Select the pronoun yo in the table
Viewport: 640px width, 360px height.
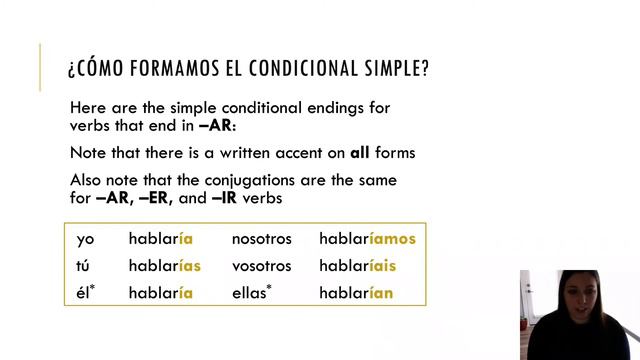click(85, 239)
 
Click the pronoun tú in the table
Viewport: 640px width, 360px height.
click(84, 267)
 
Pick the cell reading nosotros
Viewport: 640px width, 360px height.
click(261, 239)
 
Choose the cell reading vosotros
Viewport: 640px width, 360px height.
click(261, 267)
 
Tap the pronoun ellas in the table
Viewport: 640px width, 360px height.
click(252, 294)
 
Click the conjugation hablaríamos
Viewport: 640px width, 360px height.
click(367, 239)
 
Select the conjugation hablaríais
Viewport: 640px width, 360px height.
click(357, 267)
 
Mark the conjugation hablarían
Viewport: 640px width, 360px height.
click(356, 294)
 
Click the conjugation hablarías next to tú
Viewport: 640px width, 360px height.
click(165, 267)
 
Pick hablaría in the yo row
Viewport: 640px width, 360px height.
click(160, 239)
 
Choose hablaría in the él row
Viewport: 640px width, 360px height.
click(160, 294)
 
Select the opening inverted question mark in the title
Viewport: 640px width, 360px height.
click(71, 71)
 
